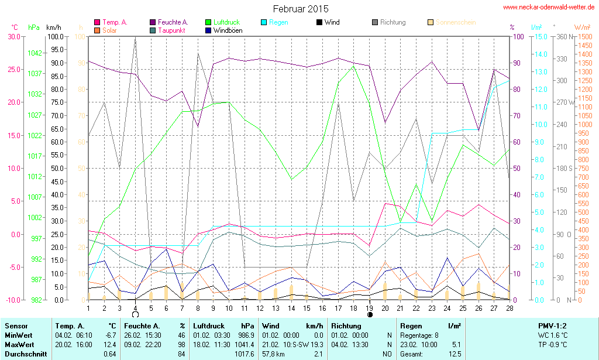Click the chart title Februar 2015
(x=301, y=9)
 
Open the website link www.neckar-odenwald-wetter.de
(x=549, y=8)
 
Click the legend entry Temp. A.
(x=115, y=22)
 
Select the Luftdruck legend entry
(x=226, y=22)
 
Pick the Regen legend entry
(x=278, y=22)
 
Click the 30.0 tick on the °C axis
(x=13, y=36)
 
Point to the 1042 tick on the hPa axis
(x=35, y=53)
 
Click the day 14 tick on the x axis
(x=291, y=308)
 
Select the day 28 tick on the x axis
(x=509, y=308)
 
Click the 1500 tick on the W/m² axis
(x=584, y=36)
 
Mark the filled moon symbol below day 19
(x=370, y=315)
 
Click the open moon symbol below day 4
(x=135, y=315)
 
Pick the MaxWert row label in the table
(x=18, y=344)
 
